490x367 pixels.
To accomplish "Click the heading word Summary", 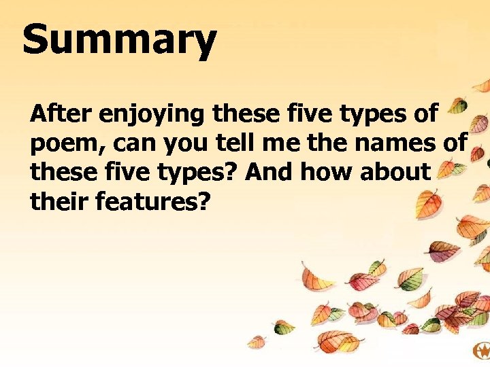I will click(119, 41).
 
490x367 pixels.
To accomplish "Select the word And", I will click(268, 173).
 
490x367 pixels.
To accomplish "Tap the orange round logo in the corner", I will click(481, 351).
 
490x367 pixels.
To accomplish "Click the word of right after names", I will click(451, 143).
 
